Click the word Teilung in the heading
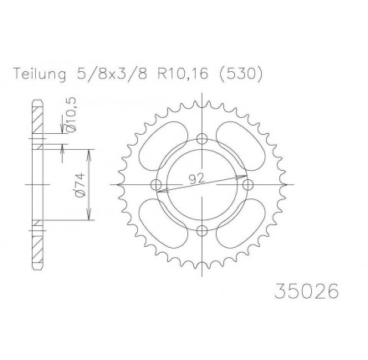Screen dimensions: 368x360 (x=40, y=75)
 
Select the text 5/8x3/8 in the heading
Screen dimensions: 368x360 (x=111, y=75)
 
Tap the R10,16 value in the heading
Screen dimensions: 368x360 (x=183, y=75)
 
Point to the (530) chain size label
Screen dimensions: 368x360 (x=239, y=75)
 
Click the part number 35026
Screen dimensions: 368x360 (x=306, y=291)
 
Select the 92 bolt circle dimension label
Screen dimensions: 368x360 (x=197, y=179)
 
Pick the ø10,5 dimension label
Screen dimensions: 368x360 (x=71, y=115)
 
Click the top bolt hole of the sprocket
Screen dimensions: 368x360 (x=202, y=138)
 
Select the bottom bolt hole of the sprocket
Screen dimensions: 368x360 (x=202, y=230)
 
